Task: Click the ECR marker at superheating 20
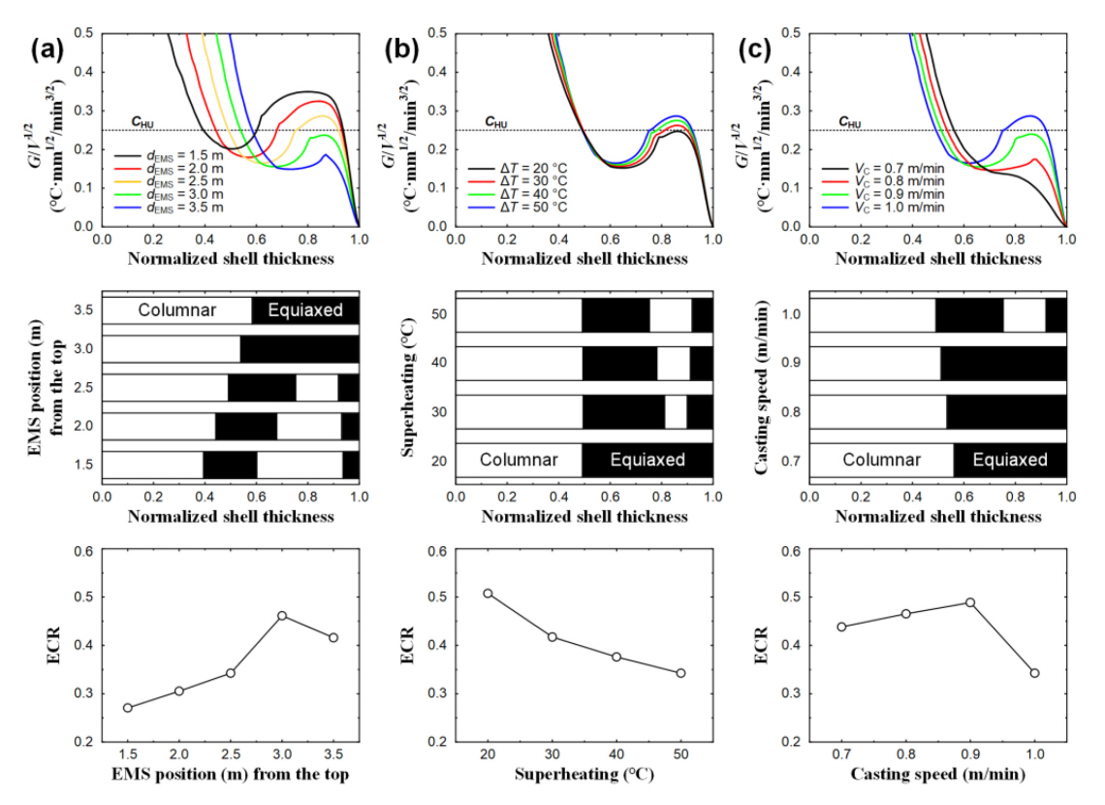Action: tap(488, 593)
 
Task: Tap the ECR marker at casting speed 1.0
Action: tap(1035, 673)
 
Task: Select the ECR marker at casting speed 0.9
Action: tap(970, 602)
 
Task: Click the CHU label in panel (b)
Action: tap(495, 123)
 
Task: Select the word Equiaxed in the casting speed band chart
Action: tap(1009, 460)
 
